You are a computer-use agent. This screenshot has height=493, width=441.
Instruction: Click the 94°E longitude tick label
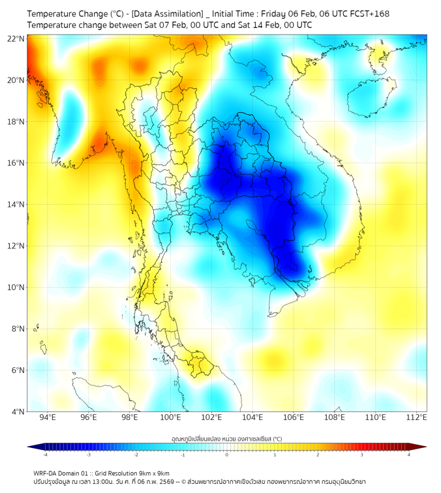point(48,417)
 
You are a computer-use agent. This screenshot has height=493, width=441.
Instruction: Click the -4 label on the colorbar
point(44,455)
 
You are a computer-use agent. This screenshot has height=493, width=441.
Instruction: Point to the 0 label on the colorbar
point(227,455)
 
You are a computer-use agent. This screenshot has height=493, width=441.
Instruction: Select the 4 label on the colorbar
point(409,455)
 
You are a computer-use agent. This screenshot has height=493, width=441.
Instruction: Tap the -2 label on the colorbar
point(136,455)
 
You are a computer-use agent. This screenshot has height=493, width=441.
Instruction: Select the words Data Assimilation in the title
point(168,13)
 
